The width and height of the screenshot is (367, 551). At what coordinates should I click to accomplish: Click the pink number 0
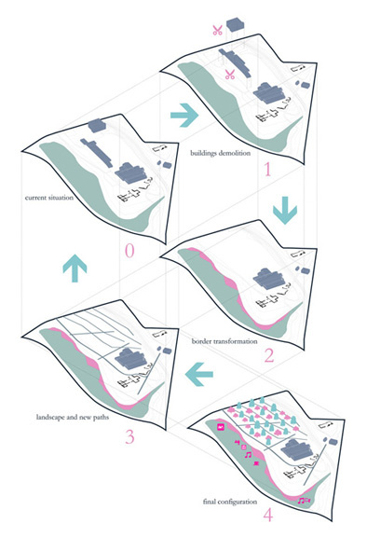coord(129,251)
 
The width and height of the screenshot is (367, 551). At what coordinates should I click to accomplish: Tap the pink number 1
coord(267,170)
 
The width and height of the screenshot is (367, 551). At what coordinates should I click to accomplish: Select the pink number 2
coord(269,355)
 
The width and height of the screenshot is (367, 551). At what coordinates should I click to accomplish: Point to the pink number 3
coord(129,437)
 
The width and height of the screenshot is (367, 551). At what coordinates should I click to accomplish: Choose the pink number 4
coord(268,516)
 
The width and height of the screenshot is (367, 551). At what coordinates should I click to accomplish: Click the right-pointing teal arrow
coord(184,115)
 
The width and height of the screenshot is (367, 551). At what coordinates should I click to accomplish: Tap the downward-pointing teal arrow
coord(285,210)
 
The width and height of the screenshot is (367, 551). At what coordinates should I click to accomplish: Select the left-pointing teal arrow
coord(199,374)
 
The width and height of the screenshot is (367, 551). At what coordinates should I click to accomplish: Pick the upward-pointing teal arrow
coord(75,269)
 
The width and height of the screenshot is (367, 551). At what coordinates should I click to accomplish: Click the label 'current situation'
coord(49,198)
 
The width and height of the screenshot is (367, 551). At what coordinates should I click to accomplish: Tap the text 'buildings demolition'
coord(221,153)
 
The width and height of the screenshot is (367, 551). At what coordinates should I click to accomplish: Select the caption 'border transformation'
coord(224,341)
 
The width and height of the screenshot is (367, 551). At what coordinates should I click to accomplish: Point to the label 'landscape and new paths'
coord(73,417)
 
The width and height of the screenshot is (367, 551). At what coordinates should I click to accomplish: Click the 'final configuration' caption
coord(230,502)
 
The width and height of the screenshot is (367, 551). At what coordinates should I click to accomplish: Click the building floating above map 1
coord(236,25)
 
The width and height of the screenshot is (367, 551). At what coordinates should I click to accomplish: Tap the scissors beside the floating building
coord(217,30)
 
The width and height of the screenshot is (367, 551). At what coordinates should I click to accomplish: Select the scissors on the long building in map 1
coord(230,75)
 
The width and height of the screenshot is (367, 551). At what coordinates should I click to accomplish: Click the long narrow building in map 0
coord(97,153)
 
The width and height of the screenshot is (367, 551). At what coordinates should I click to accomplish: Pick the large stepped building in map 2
coord(269,279)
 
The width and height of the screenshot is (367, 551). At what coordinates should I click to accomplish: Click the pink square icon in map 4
coord(221,427)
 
